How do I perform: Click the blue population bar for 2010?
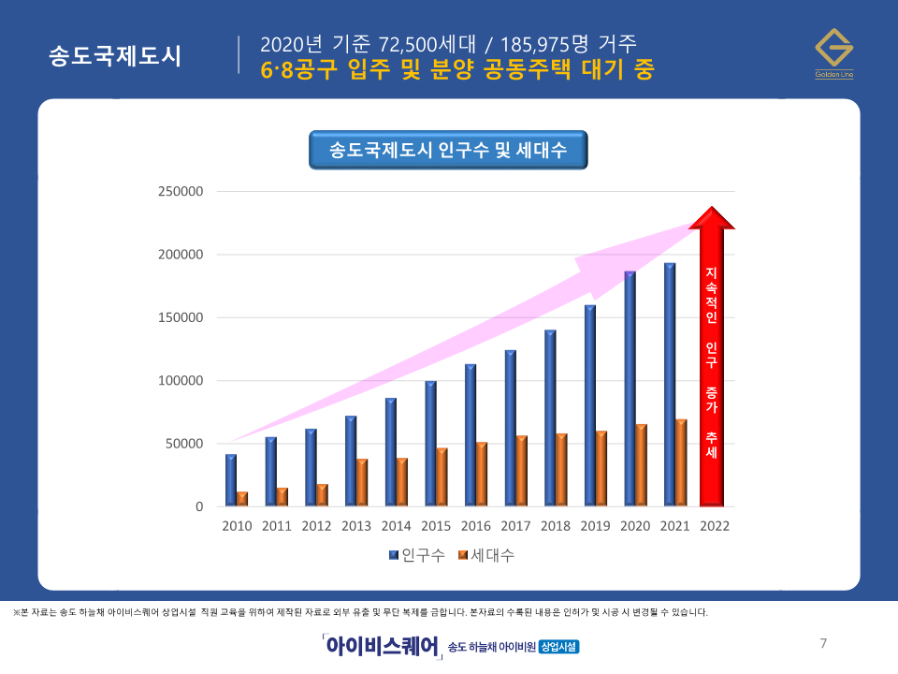[230, 480]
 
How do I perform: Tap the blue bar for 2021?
[669, 385]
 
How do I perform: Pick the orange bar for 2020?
[641, 465]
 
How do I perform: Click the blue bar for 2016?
[470, 435]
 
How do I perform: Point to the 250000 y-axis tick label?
[181, 192]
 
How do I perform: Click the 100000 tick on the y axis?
[181, 381]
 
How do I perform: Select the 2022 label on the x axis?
[715, 526]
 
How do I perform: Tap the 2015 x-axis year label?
[436, 526]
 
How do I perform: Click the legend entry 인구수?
[416, 556]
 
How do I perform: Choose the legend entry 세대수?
[486, 556]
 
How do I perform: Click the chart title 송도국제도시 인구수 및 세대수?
[448, 150]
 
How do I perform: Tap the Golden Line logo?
[833, 53]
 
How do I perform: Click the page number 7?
[823, 643]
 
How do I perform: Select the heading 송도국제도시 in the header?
[115, 55]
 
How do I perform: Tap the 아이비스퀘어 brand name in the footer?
[382, 646]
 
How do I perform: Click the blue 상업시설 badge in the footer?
[559, 647]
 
